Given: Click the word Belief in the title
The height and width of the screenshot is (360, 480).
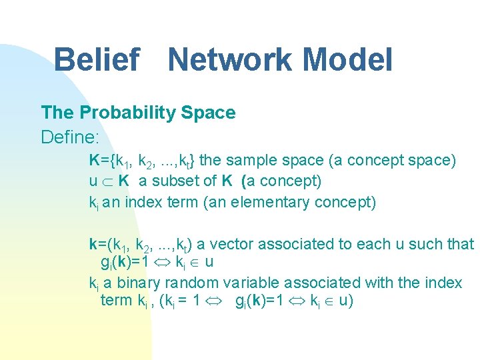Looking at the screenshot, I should coord(96,59).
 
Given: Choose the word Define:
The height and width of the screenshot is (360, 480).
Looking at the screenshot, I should coord(70,137).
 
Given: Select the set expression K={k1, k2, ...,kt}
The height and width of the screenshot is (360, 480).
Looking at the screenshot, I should coord(142,161).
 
